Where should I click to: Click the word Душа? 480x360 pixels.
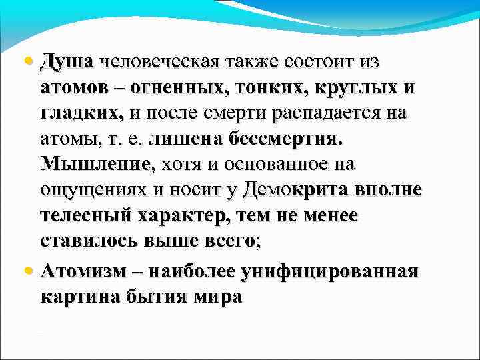point(67,62)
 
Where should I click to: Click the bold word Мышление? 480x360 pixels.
point(97,164)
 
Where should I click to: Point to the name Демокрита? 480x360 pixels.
point(293,189)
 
